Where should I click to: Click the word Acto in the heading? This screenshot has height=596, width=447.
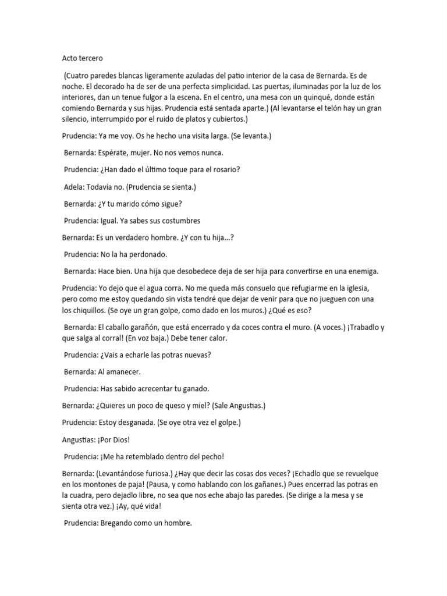[x=70, y=58]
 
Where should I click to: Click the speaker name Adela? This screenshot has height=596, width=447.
[x=73, y=187]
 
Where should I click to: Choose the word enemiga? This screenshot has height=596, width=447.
[x=360, y=271]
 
